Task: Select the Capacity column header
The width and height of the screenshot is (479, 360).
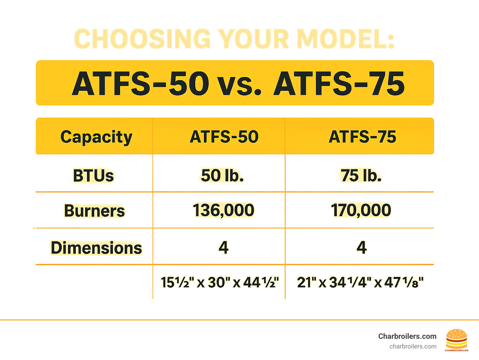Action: (96, 137)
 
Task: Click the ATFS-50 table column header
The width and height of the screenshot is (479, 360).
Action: (224, 137)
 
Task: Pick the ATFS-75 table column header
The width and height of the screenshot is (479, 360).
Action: (362, 137)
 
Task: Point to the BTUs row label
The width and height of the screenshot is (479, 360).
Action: (94, 175)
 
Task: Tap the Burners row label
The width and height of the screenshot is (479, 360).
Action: (94, 211)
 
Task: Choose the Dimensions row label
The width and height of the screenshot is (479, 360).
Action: (96, 248)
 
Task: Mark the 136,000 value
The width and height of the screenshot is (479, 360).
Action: (224, 210)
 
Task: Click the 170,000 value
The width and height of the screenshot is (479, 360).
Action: (361, 210)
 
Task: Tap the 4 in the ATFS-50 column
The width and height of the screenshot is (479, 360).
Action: (224, 247)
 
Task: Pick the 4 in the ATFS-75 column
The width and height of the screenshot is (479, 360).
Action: (362, 247)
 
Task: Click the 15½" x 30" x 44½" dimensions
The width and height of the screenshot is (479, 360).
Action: (220, 282)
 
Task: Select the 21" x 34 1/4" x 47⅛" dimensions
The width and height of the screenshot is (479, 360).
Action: (360, 282)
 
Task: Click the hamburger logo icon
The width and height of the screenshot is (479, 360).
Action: (457, 340)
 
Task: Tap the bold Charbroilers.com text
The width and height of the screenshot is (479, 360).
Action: (407, 336)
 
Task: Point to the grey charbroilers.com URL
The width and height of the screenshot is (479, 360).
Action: (413, 347)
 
